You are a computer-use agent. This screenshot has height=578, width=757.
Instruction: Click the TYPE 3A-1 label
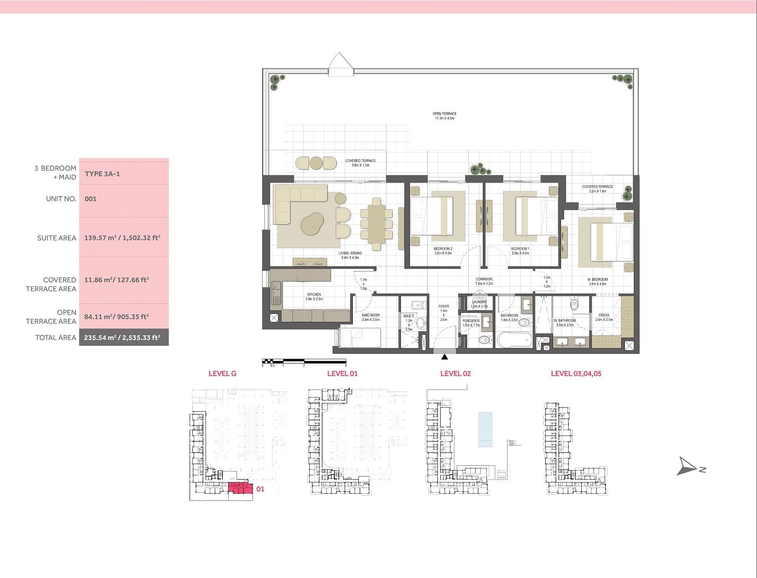(102, 174)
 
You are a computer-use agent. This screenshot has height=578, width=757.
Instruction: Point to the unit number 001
(91, 199)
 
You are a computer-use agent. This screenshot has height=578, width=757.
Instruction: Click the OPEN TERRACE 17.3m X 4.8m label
(444, 116)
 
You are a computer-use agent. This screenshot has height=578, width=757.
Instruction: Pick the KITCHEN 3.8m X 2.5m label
(314, 297)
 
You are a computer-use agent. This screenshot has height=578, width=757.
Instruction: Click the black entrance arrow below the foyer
(444, 357)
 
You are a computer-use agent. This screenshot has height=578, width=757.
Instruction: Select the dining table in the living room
(376, 224)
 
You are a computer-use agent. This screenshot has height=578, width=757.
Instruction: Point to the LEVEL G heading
(222, 374)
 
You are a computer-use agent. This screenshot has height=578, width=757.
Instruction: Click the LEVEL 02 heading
(456, 374)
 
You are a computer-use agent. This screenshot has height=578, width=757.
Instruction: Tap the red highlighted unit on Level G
(240, 488)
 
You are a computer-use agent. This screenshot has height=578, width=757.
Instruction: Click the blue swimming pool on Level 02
(485, 429)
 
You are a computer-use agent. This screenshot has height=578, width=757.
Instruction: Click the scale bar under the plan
(304, 361)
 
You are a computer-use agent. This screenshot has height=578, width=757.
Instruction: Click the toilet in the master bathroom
(575, 305)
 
